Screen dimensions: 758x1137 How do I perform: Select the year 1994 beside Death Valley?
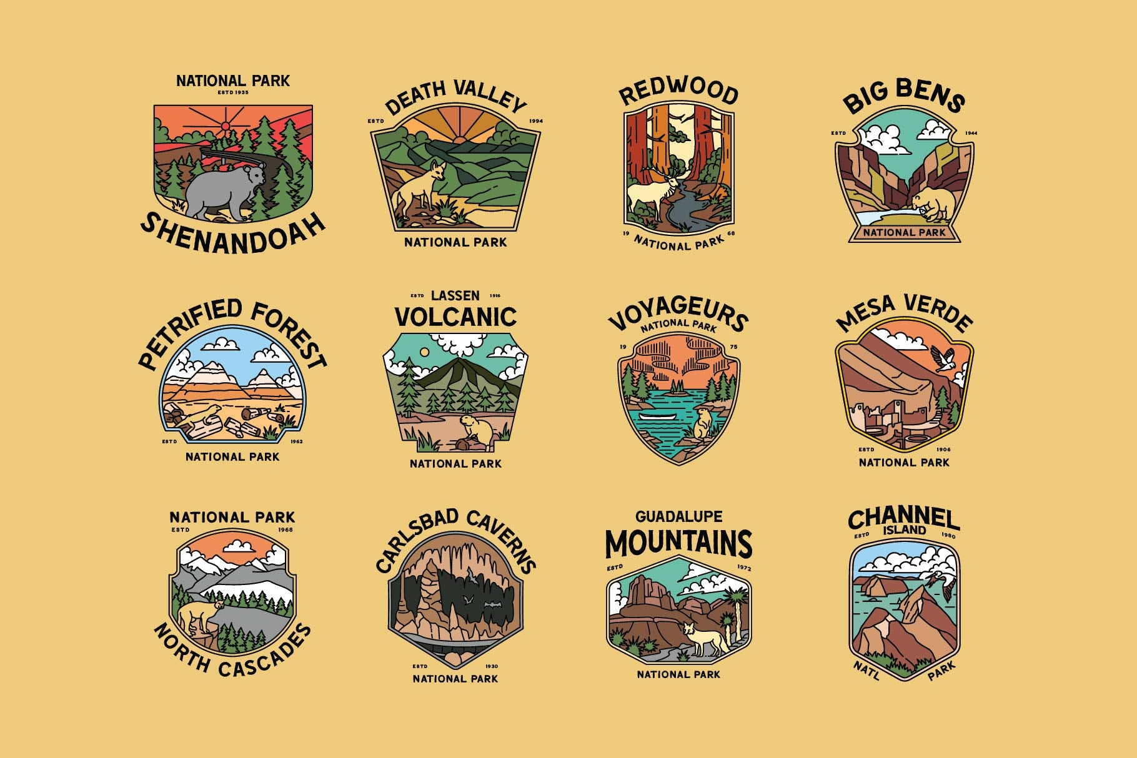[x=536, y=121]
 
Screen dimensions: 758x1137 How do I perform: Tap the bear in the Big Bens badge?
[x=933, y=204]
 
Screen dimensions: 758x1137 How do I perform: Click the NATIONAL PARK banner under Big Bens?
[x=904, y=233]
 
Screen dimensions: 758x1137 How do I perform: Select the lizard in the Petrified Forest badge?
[x=202, y=415]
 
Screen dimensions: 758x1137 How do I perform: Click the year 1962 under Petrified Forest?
[x=296, y=441]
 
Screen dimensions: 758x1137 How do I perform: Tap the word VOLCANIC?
[x=455, y=317]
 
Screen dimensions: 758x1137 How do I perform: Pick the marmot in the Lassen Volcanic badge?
[x=473, y=430]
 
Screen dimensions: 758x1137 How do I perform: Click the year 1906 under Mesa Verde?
[x=943, y=449]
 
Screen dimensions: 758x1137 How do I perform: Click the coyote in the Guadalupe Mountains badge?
[x=705, y=637]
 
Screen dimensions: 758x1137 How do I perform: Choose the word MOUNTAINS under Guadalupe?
[x=678, y=543]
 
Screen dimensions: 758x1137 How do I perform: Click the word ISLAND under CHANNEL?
[x=904, y=530]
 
